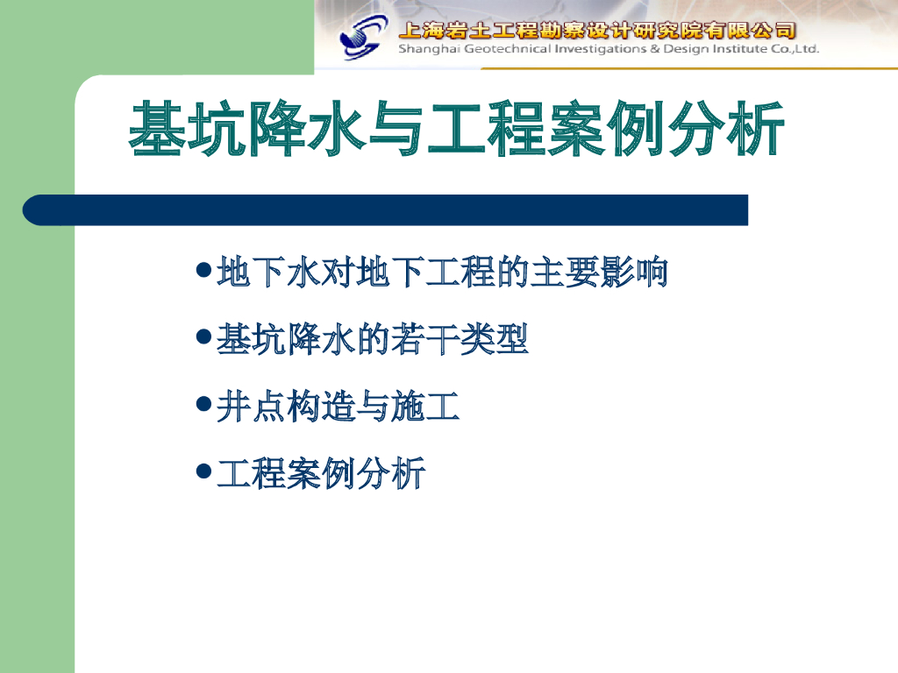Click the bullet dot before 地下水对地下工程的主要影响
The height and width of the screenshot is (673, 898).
click(x=203, y=269)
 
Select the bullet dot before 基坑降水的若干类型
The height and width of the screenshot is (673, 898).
click(x=203, y=336)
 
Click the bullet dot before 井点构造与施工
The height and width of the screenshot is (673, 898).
click(x=203, y=403)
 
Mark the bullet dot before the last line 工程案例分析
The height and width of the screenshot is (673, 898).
click(x=203, y=471)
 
